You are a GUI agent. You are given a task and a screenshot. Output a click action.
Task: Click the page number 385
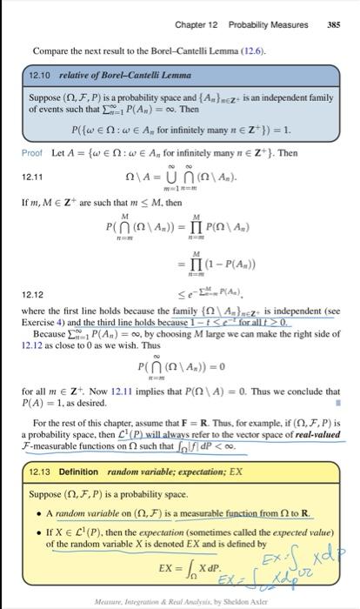[x=333, y=24]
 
